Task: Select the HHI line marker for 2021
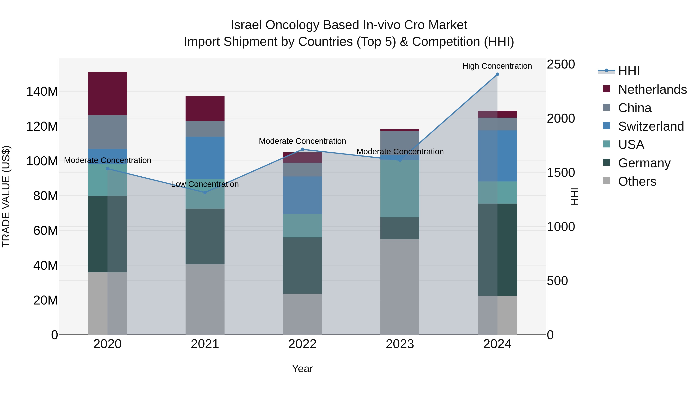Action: pyautogui.click(x=205, y=193)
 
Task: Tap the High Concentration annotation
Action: pyautogui.click(x=497, y=66)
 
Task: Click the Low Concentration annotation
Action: pyautogui.click(x=205, y=184)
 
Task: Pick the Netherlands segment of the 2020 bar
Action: pyautogui.click(x=108, y=94)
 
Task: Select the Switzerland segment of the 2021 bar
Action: pyautogui.click(x=205, y=158)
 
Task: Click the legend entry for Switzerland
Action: pyautogui.click(x=651, y=126)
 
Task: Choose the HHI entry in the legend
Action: pyautogui.click(x=629, y=71)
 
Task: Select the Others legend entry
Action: pyautogui.click(x=637, y=181)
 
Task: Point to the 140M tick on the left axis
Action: pyautogui.click(x=42, y=92)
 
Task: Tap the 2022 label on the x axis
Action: pyautogui.click(x=302, y=344)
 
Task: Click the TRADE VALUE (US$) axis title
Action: pyautogui.click(x=6, y=196)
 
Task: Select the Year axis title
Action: pyautogui.click(x=302, y=369)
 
